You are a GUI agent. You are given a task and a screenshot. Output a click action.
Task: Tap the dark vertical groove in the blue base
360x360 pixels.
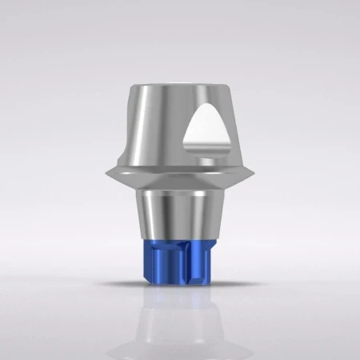pyautogui.click(x=186, y=259)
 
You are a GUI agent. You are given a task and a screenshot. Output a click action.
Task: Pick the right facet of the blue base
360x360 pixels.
pyautogui.click(x=206, y=259)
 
